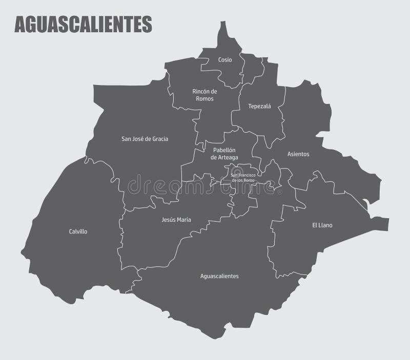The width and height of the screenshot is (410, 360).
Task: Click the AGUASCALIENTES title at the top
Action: coord(83,24)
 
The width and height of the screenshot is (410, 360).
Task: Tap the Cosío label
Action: coord(224,60)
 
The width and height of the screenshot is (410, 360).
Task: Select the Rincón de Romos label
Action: coord(204,95)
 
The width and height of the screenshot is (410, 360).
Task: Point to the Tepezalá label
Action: coord(259,107)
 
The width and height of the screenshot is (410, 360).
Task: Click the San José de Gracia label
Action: coord(145,138)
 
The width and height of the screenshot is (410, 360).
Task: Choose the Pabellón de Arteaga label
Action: coord(224,154)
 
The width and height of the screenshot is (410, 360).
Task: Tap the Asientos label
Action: coord(298,154)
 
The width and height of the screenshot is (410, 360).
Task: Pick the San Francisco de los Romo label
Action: coord(243,178)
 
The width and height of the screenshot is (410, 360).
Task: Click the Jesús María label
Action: coord(176,220)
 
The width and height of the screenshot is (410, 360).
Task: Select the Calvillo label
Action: coord(78,231)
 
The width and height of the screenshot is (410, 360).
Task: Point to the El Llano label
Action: coord(322,225)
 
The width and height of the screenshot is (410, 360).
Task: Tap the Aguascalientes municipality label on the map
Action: coord(219,276)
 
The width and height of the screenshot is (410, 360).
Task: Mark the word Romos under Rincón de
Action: coord(205,99)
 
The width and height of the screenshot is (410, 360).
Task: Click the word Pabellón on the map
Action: coord(224,150)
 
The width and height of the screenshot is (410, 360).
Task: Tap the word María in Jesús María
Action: coord(183,220)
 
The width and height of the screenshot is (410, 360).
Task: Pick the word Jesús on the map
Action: coord(168,220)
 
